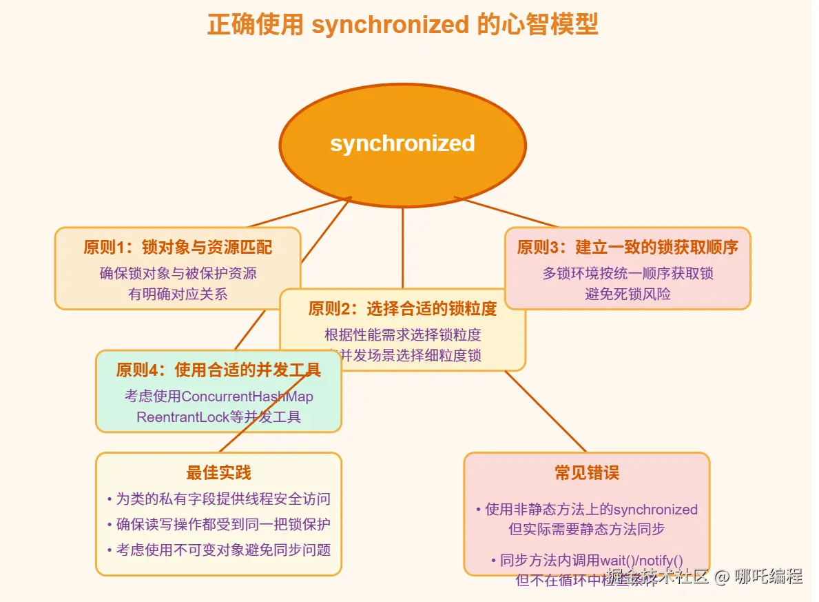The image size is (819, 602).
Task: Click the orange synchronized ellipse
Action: point(402,144)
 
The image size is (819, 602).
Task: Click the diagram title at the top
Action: point(402,25)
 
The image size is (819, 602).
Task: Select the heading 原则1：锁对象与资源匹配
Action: point(178,247)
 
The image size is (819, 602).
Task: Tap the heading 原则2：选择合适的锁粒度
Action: point(402,308)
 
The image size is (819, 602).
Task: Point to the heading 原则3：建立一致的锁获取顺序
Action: point(628,247)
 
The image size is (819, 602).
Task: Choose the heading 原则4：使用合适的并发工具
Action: point(218,370)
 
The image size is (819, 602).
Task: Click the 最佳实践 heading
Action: point(218,472)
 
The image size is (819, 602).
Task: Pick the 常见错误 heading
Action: point(586,472)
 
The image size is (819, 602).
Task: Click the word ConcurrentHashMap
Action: point(247,397)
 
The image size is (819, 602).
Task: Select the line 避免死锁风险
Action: point(628,294)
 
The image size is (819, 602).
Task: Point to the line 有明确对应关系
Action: point(178,294)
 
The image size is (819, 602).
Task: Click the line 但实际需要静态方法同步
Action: point(586,530)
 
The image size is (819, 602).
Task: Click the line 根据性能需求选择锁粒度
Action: point(402,335)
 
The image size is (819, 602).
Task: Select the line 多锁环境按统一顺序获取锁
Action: point(628,273)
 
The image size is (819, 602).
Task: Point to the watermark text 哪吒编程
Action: point(768,576)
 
